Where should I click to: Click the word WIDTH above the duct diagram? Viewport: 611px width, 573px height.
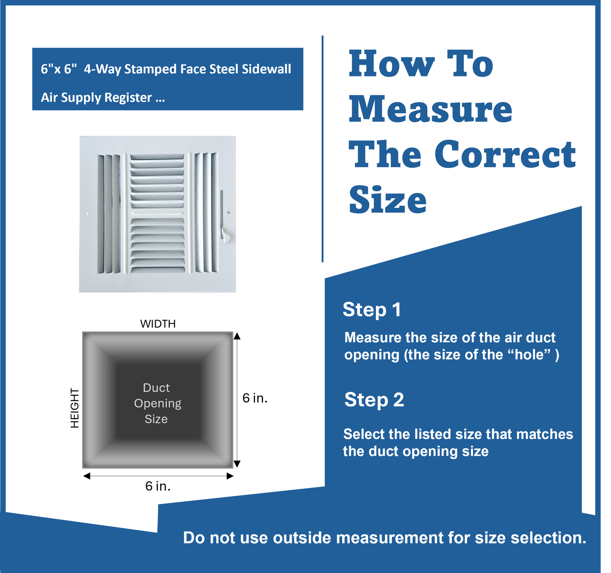[158, 324]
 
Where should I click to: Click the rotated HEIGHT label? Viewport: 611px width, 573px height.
[75, 408]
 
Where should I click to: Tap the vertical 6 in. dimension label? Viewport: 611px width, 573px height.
[255, 398]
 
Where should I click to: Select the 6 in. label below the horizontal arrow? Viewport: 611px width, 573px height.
[158, 486]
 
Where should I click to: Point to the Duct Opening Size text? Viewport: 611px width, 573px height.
[157, 403]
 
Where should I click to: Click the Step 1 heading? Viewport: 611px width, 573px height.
[372, 310]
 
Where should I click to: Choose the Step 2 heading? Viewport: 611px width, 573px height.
[374, 400]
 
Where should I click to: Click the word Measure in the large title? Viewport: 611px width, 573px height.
[430, 109]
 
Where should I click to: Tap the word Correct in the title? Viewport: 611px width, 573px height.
[505, 154]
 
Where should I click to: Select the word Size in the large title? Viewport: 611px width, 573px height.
[388, 200]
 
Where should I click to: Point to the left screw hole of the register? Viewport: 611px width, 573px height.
[87, 214]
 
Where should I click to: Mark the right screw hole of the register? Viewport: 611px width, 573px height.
[229, 213]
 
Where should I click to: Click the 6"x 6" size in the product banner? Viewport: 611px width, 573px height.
[59, 69]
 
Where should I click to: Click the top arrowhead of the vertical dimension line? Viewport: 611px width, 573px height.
[237, 336]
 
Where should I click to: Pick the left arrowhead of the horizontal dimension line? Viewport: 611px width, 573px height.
[87, 476]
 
